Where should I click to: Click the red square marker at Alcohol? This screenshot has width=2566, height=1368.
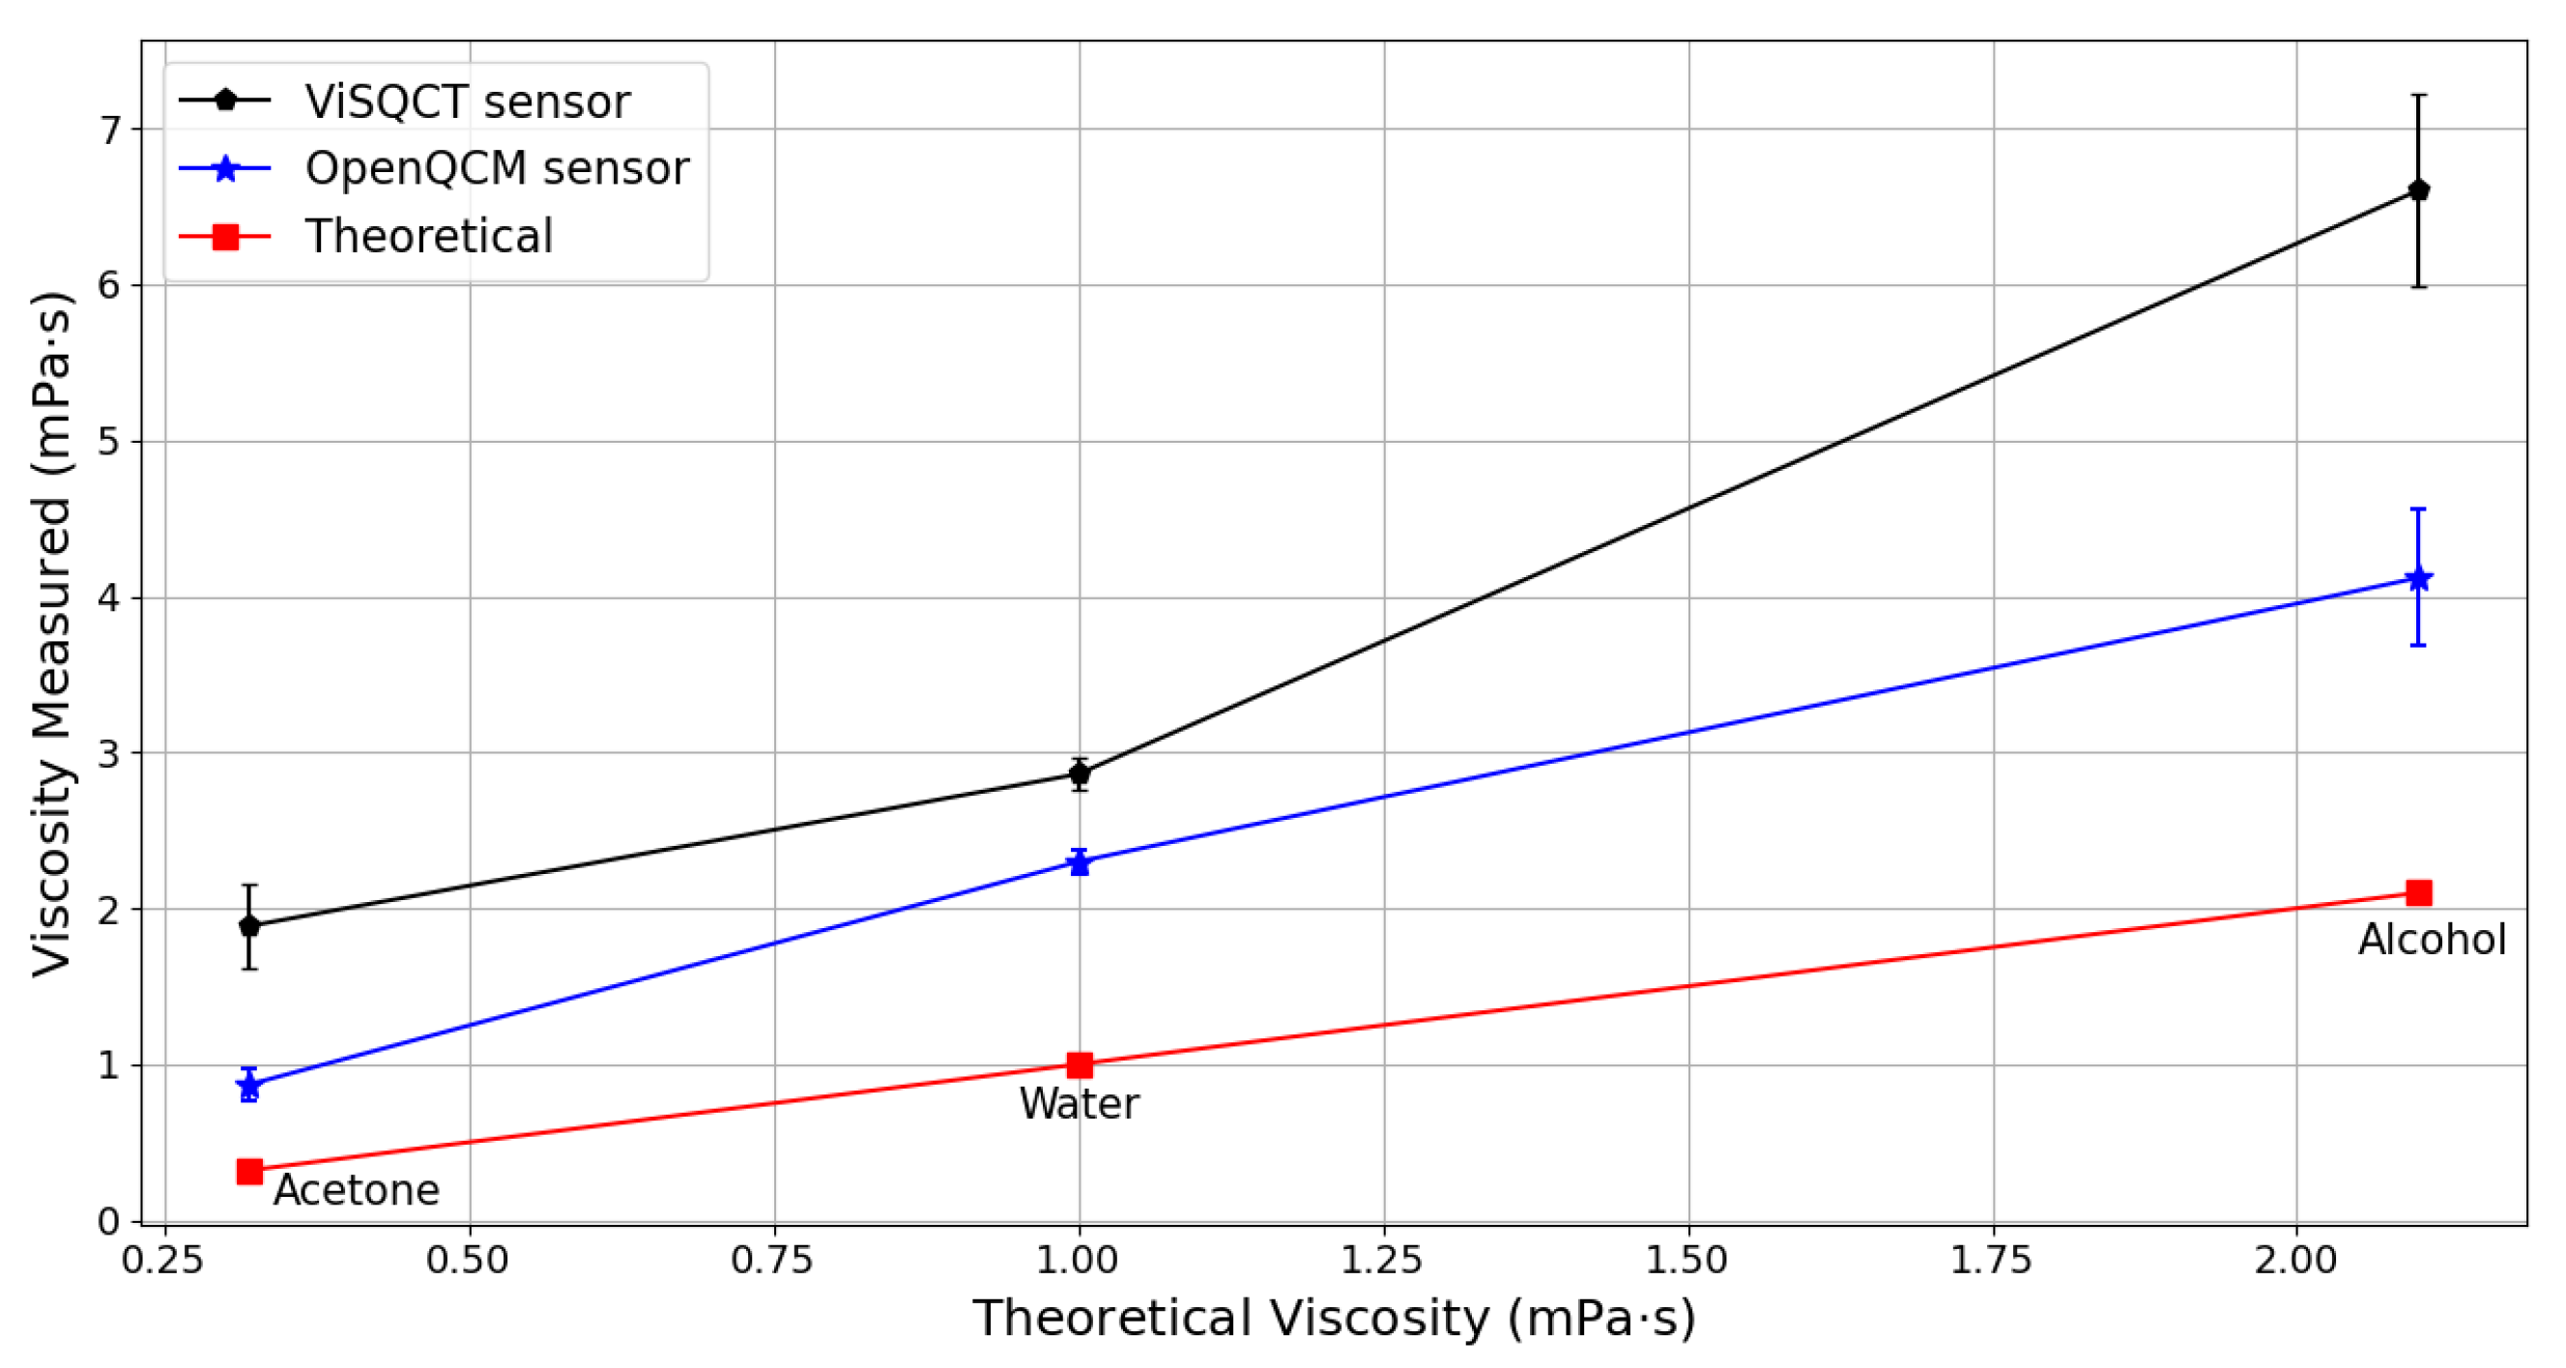click(x=2417, y=892)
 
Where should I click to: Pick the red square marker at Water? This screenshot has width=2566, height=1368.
click(x=1079, y=1065)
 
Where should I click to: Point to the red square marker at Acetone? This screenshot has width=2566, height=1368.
click(x=250, y=1172)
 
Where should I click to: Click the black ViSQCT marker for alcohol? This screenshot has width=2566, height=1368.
click(x=2417, y=190)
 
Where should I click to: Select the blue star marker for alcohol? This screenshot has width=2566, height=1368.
click(x=2417, y=579)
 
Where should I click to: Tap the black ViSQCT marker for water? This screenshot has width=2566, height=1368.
click(x=1079, y=774)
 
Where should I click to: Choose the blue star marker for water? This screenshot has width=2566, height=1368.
click(x=1079, y=861)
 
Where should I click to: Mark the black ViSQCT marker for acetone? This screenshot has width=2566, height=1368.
click(x=250, y=925)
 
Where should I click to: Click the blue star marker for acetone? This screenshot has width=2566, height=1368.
click(x=250, y=1085)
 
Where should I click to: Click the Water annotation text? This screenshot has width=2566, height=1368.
click(x=1079, y=1105)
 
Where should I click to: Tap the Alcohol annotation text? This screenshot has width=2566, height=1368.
click(x=2432, y=941)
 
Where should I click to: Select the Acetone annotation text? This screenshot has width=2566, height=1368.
click(x=356, y=1191)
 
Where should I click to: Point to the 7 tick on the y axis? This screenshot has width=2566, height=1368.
click(x=108, y=131)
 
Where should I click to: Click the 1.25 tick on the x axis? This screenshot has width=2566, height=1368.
click(x=1382, y=1262)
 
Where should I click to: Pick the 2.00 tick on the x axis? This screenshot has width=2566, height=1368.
click(x=2295, y=1262)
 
